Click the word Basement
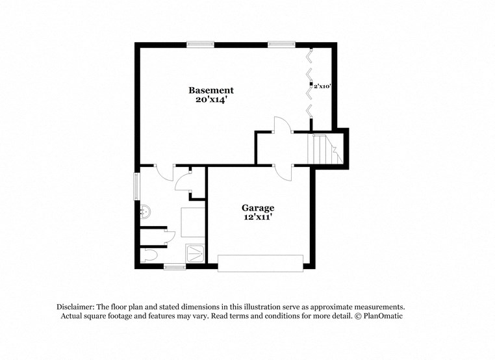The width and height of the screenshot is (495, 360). click(x=210, y=90)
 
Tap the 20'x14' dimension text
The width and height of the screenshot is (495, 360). click(x=210, y=101)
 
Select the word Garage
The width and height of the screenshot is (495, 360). click(x=258, y=208)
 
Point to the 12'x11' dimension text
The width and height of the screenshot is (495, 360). click(x=258, y=218)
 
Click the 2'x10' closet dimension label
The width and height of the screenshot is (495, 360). click(x=323, y=85)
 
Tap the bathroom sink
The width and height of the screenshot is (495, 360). click(x=146, y=211)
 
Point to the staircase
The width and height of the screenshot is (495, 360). click(x=323, y=149)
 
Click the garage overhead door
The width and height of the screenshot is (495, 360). click(x=260, y=263)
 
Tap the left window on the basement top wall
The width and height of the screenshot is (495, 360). click(x=200, y=44)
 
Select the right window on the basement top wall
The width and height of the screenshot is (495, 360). click(x=281, y=44)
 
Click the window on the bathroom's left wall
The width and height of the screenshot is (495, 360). click(x=136, y=186)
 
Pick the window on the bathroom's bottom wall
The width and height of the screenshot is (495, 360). click(x=175, y=266)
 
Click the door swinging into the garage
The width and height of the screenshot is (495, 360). click(x=282, y=172)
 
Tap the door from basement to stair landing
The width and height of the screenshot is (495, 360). click(x=283, y=125)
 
